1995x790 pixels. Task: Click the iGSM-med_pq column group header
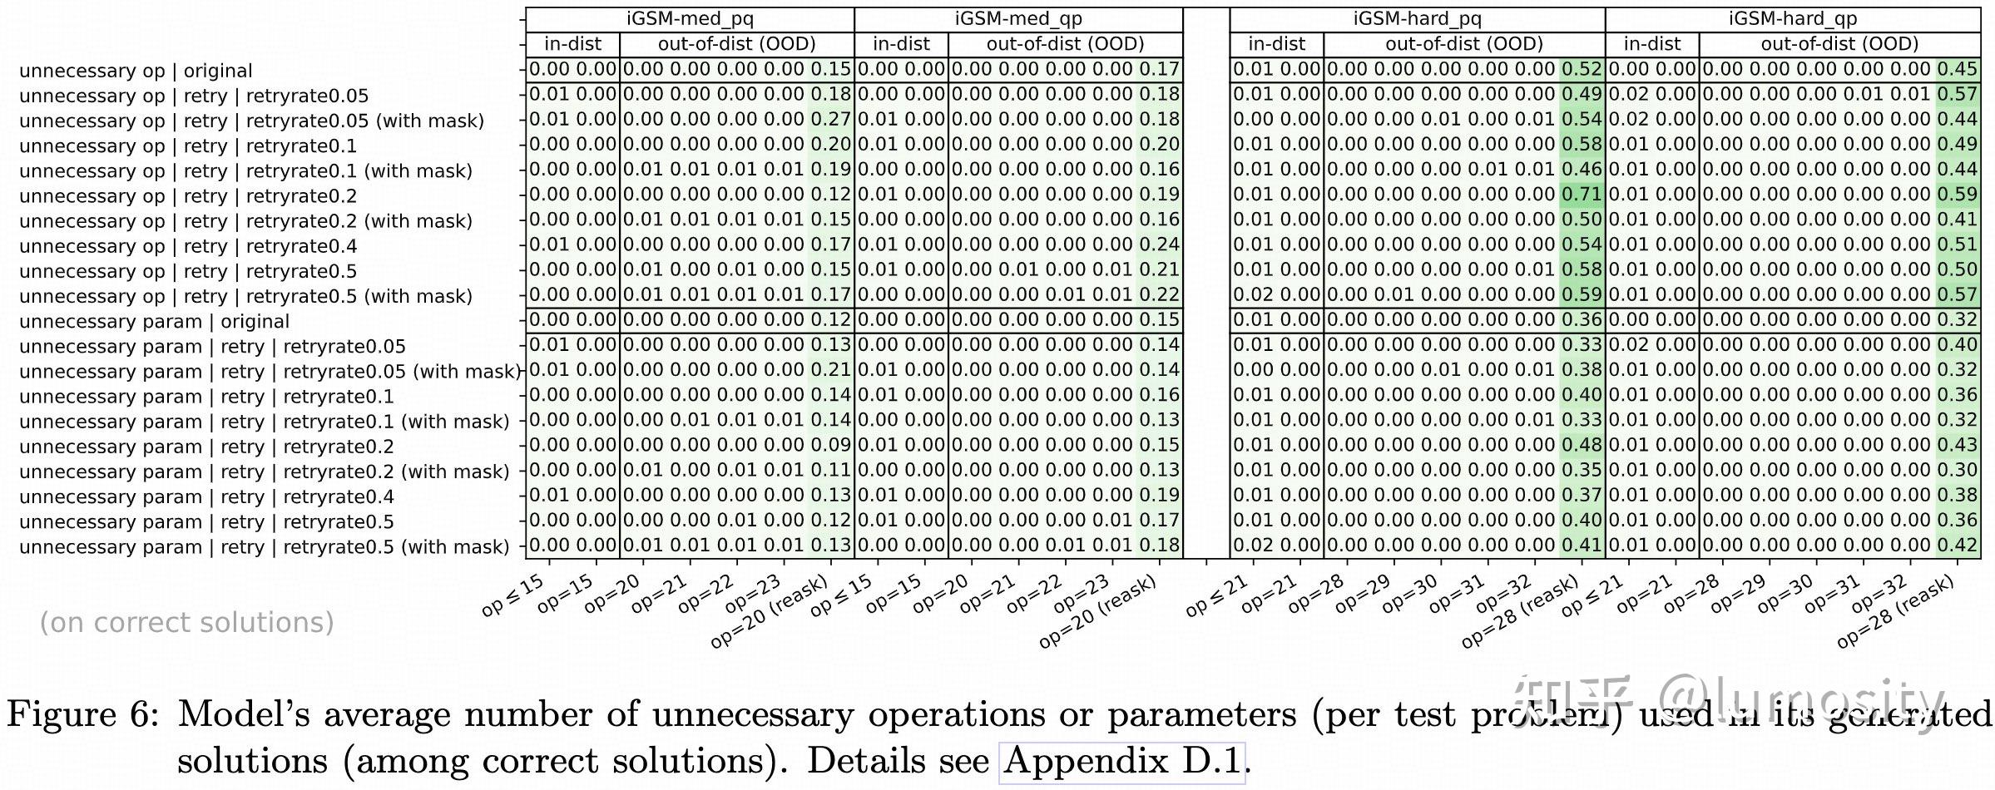pyautogui.click(x=690, y=19)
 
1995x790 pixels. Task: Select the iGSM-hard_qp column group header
pyautogui.click(x=1792, y=19)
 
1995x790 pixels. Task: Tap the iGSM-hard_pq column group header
pyautogui.click(x=1417, y=19)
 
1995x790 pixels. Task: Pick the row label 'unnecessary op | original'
pyautogui.click(x=136, y=72)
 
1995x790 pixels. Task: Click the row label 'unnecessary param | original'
pyautogui.click(x=154, y=322)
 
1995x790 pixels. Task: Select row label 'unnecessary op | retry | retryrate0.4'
pyautogui.click(x=188, y=247)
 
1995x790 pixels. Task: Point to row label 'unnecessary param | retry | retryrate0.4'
pyautogui.click(x=206, y=497)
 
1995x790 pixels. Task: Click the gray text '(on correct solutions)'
pyautogui.click(x=186, y=623)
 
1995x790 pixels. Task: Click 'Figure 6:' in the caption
pyautogui.click(x=82, y=714)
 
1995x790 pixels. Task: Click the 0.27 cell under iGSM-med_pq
pyautogui.click(x=830, y=120)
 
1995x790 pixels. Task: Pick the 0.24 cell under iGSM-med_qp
pyautogui.click(x=1159, y=244)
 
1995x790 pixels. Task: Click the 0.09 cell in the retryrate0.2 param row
pyautogui.click(x=830, y=445)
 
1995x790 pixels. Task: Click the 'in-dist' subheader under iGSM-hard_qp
pyautogui.click(x=1651, y=44)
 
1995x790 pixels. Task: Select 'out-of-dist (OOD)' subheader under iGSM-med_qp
pyautogui.click(x=1065, y=44)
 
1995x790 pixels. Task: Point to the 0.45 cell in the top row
pyautogui.click(x=1957, y=70)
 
